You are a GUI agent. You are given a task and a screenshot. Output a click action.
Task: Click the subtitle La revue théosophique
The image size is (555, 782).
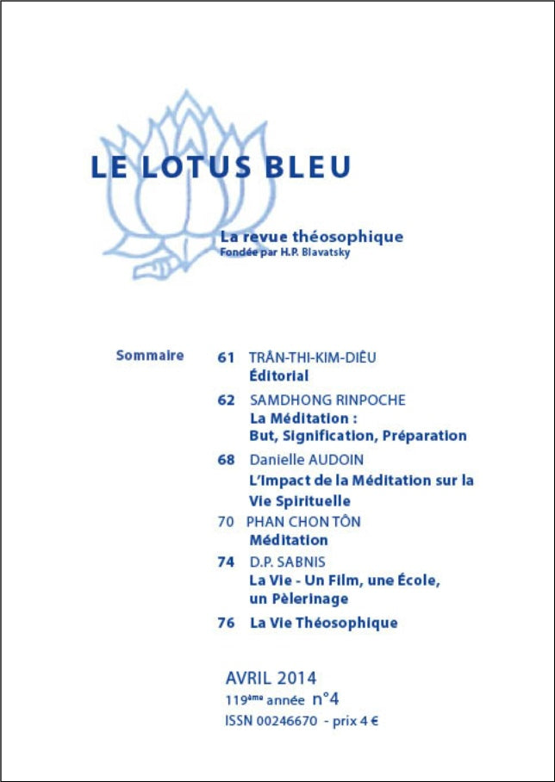tap(311, 237)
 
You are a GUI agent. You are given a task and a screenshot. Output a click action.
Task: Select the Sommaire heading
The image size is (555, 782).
tap(149, 355)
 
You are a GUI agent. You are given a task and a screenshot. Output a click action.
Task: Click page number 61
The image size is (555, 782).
tap(226, 357)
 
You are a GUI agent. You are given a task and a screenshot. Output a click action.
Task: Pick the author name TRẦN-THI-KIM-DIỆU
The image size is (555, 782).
tap(312, 357)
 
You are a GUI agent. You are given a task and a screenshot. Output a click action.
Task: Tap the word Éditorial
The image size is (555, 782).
tap(278, 375)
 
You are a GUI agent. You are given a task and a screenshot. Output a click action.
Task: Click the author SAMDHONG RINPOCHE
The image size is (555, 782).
tap(327, 400)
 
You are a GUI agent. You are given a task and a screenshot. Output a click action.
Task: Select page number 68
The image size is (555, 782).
tap(226, 460)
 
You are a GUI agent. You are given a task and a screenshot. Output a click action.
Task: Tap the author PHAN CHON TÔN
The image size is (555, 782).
tap(303, 521)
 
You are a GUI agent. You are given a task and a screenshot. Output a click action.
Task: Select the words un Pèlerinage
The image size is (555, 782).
tap(298, 599)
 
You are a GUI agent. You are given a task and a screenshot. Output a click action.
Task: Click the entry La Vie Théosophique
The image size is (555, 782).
tap(323, 623)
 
